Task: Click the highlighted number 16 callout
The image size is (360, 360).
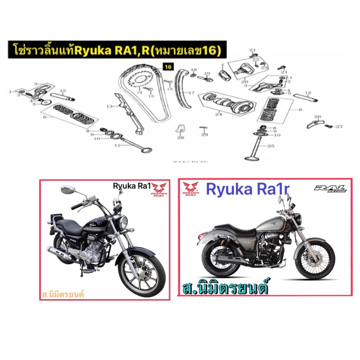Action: click(168, 67)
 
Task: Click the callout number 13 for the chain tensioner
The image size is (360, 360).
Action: click(109, 107)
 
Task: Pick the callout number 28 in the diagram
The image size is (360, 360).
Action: click(180, 137)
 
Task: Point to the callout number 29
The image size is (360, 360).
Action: click(204, 135)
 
